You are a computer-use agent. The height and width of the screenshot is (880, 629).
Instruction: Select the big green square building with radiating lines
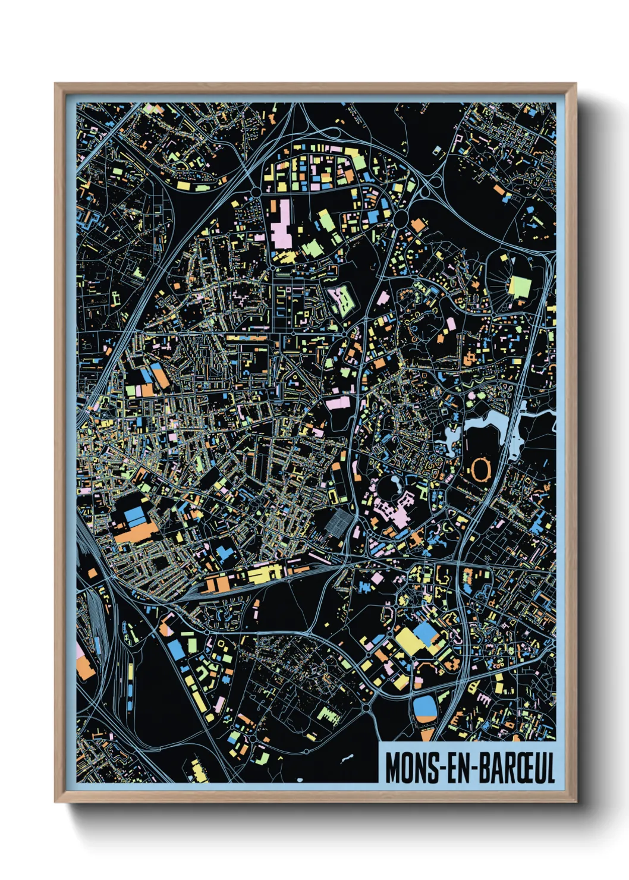[x=520, y=287]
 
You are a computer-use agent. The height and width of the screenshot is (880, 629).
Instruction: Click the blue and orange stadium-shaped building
[x=425, y=709]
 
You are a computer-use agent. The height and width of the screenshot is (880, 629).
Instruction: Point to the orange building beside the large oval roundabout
[x=418, y=226]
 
